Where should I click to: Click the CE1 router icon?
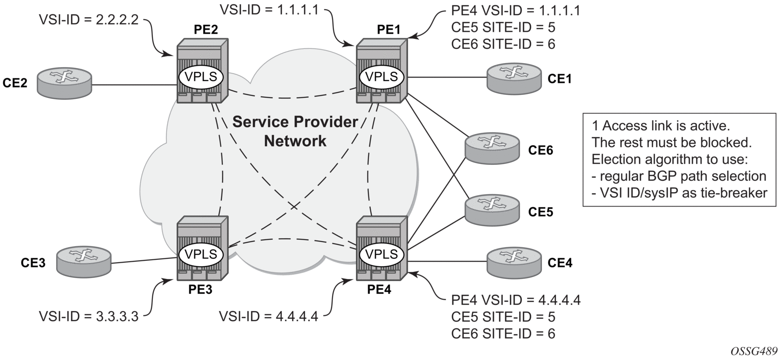[513, 78]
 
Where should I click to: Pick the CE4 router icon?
[514, 262]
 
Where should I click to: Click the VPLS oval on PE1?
[381, 77]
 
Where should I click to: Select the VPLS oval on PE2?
[201, 77]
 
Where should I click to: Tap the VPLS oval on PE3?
[201, 254]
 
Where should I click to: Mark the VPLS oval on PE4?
[381, 254]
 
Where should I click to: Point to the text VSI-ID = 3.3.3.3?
[89, 316]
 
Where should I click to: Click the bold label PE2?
[206, 30]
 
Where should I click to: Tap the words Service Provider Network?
[295, 131]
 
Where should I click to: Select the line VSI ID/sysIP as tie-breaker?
[679, 193]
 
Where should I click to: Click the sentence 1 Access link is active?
[661, 126]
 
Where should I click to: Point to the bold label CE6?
[540, 151]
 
